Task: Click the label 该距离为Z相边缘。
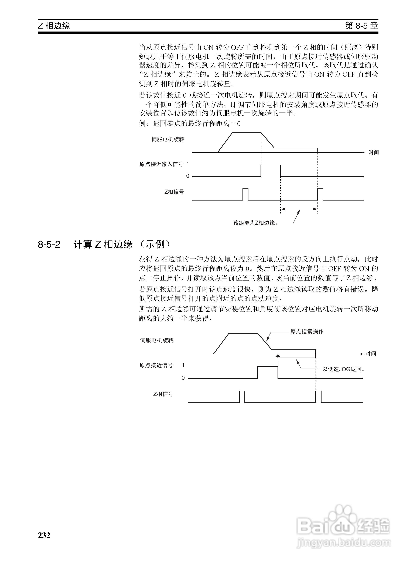[256, 223]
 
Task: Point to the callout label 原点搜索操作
[307, 332]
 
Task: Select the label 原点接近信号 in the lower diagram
[156, 365]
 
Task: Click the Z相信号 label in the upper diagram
[174, 192]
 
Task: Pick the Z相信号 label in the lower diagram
[163, 394]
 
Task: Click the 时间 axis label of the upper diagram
[373, 152]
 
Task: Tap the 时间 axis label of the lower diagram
[371, 354]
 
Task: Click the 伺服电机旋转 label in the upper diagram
[168, 139]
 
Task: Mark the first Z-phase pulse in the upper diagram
[245, 194]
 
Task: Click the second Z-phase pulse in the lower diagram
[318, 396]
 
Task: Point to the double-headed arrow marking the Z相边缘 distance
[299, 209]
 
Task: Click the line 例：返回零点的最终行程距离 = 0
[190, 124]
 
